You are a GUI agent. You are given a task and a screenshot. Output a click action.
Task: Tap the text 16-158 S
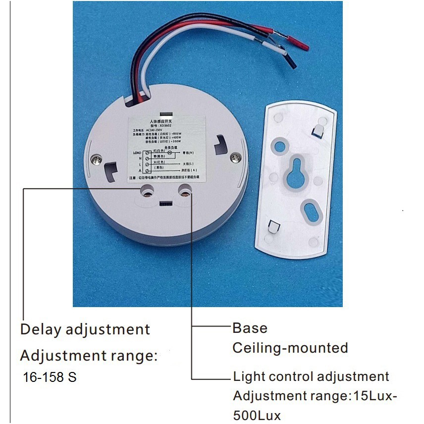[x=50, y=377]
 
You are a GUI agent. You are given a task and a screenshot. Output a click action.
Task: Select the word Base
[x=250, y=328]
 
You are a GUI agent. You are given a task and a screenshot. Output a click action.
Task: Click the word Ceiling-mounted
[x=290, y=348]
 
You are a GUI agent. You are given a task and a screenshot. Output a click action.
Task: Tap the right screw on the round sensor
[x=237, y=157]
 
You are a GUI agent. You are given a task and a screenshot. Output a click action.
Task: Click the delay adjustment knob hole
[x=148, y=190]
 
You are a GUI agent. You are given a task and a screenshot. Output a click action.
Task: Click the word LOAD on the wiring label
[x=138, y=152]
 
